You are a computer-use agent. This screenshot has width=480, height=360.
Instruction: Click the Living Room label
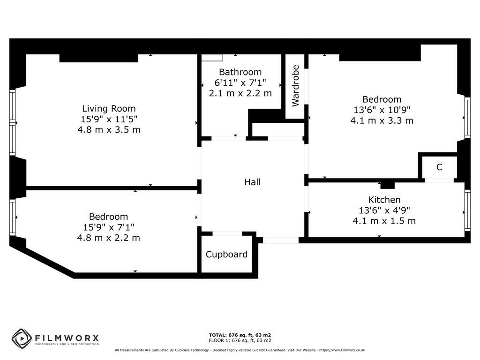point(109,109)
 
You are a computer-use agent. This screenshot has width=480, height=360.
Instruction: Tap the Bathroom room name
point(240,72)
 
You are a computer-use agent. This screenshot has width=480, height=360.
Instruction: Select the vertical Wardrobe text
point(295,86)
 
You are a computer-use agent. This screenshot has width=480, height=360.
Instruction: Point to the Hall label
point(252,182)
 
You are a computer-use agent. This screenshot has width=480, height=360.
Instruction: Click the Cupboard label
point(227,255)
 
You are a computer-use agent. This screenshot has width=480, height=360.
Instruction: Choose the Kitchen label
point(384,200)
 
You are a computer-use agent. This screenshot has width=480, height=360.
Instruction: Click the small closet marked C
point(439,167)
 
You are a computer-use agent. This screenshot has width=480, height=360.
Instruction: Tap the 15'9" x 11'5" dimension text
point(109,119)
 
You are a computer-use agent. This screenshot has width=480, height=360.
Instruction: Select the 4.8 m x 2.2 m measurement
point(109,238)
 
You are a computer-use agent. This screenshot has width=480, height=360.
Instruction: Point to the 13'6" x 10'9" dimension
point(382,110)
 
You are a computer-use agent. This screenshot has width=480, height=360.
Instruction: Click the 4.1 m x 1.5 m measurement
point(384,220)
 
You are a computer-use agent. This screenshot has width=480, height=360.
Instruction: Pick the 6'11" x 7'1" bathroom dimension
point(240,82)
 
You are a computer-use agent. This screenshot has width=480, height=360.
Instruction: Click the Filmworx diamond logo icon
point(22,338)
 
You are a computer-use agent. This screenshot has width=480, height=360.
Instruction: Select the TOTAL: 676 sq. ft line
point(240,335)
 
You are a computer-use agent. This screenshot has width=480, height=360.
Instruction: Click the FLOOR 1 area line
point(240,340)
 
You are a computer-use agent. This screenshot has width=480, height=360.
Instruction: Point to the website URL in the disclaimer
point(342,350)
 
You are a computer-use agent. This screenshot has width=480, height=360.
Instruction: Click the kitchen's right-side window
point(467,210)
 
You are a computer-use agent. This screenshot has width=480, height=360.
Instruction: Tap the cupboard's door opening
point(227,233)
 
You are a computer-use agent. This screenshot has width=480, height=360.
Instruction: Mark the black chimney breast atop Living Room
point(98,58)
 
